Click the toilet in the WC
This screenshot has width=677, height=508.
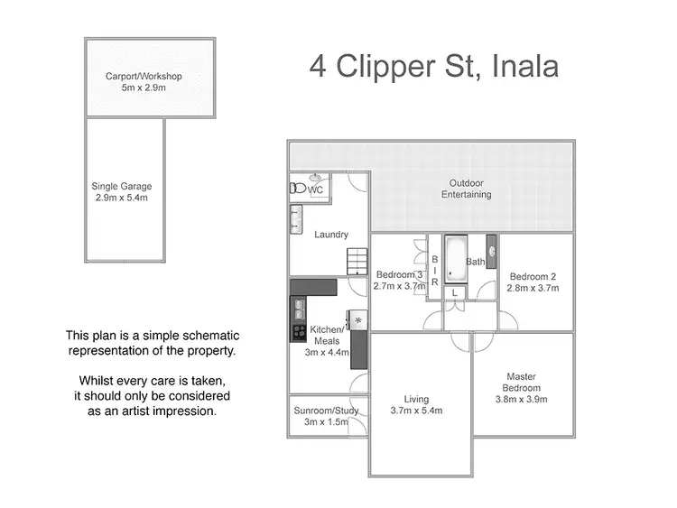(x=296, y=189)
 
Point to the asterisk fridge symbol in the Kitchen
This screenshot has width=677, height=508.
(x=358, y=320)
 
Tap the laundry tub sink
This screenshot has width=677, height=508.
(x=296, y=219)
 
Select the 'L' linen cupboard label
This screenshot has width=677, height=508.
(x=454, y=293)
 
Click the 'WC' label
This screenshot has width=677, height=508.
(x=316, y=190)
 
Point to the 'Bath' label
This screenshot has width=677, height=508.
(x=476, y=262)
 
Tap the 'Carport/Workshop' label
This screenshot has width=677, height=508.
(x=151, y=76)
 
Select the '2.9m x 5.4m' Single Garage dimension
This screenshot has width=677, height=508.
(x=120, y=198)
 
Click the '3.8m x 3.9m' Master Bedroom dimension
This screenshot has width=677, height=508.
(x=522, y=398)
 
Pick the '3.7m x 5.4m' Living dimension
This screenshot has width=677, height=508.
(x=417, y=411)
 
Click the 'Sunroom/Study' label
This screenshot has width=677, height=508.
(x=326, y=411)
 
